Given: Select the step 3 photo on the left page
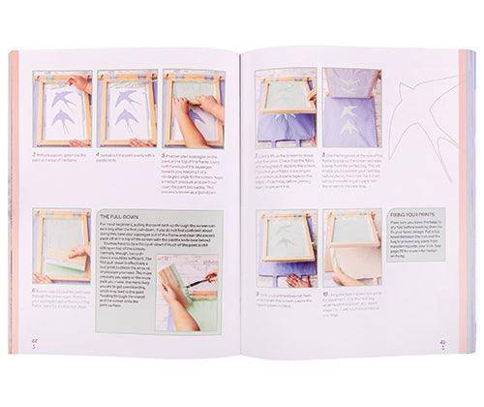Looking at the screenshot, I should tap(62, 107).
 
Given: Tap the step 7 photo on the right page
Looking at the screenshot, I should tap(287, 106).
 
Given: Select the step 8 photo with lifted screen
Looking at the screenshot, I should tap(351, 106).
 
